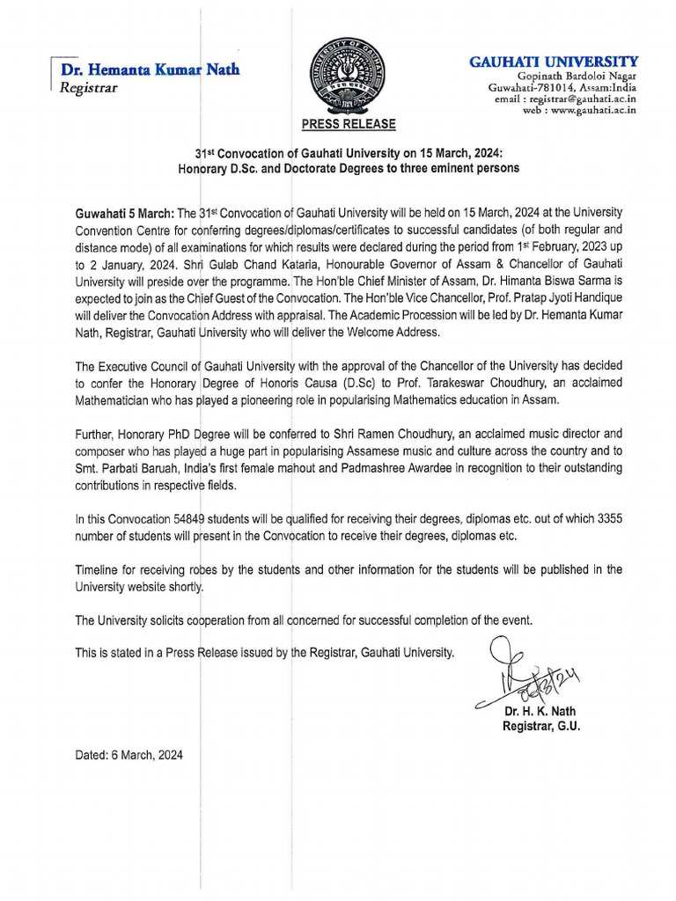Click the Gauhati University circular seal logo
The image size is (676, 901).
click(x=342, y=75)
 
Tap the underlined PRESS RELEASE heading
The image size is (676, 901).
click(x=349, y=125)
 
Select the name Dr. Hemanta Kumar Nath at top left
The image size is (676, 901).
click(x=151, y=70)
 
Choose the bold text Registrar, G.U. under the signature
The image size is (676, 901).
click(x=541, y=726)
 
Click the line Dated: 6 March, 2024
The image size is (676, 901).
click(x=129, y=755)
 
